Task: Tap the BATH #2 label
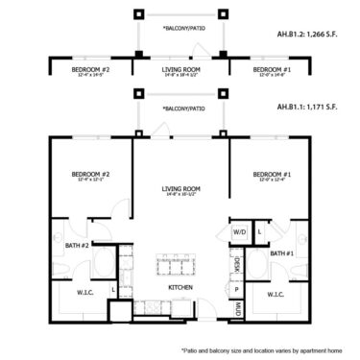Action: coord(77,246)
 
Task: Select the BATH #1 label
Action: coord(281,252)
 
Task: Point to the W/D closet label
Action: coord(239,231)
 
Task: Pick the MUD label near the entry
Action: coord(236,306)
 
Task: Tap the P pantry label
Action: coord(236,288)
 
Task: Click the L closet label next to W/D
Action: coord(260,231)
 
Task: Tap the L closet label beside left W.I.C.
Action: coord(114,288)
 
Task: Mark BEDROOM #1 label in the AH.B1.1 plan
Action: coord(271,175)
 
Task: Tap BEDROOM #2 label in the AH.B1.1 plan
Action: coord(89,175)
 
